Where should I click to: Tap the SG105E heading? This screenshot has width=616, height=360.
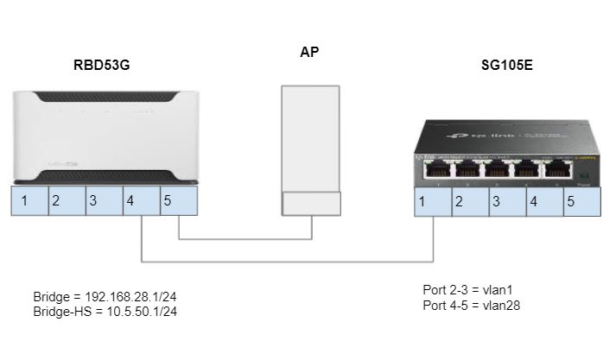505,66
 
